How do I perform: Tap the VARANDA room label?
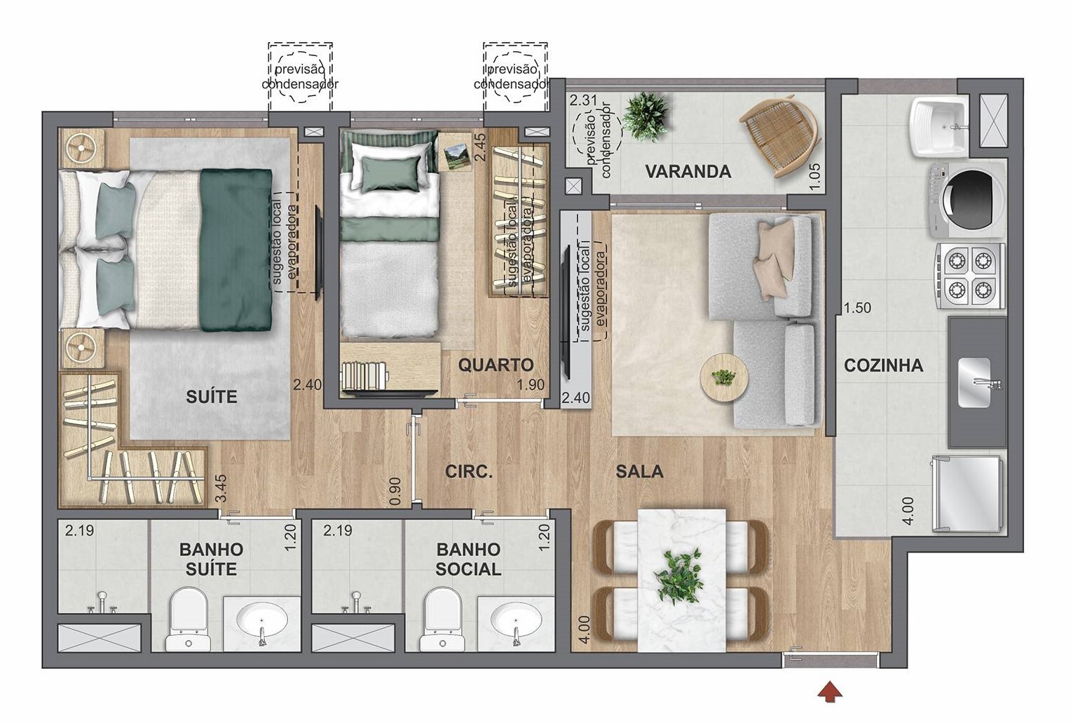(688, 172)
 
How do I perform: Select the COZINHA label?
(884, 365)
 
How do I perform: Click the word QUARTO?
(496, 365)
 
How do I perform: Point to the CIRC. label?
(468, 472)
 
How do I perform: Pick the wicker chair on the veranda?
(780, 135)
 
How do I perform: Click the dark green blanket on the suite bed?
(236, 250)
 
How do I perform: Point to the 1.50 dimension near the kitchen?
(857, 308)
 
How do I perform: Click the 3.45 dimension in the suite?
(221, 488)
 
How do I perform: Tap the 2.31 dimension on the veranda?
(584, 100)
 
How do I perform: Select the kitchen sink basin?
(974, 383)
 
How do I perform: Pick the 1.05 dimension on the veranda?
(815, 177)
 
